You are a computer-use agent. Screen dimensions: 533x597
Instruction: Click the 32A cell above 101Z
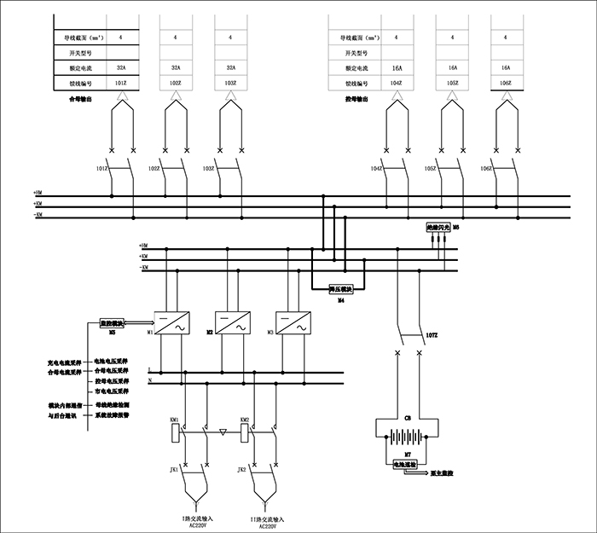coord(120,67)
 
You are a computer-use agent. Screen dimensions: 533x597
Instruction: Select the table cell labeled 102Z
coord(175,83)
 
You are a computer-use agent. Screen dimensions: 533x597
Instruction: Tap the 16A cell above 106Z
coord(506,67)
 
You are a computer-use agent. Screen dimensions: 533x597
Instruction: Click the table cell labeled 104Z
coord(396,83)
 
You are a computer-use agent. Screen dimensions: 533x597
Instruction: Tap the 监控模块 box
coord(112,324)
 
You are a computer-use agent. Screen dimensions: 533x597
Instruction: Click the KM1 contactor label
coord(174,420)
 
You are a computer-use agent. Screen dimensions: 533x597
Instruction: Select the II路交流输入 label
coord(267,519)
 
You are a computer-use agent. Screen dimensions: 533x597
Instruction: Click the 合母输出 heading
coord(80,99)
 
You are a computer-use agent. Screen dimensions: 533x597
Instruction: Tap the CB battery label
coord(408,420)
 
